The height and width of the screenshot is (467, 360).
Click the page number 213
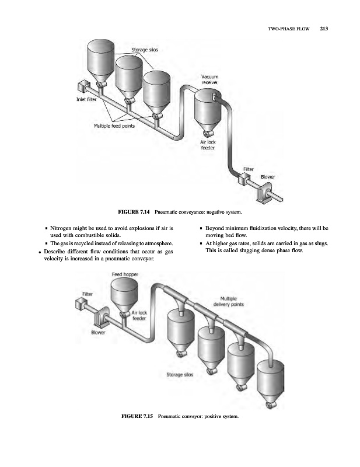pyautogui.click(x=325, y=27)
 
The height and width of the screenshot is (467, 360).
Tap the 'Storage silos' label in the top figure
pyautogui.click(x=142, y=50)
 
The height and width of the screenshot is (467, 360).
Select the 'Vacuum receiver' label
pyautogui.click(x=209, y=80)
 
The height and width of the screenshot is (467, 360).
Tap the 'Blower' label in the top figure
pyautogui.click(x=267, y=176)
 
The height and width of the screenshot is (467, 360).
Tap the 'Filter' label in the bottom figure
pyautogui.click(x=88, y=294)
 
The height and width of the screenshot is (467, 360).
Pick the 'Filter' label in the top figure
pyautogui.click(x=248, y=170)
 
